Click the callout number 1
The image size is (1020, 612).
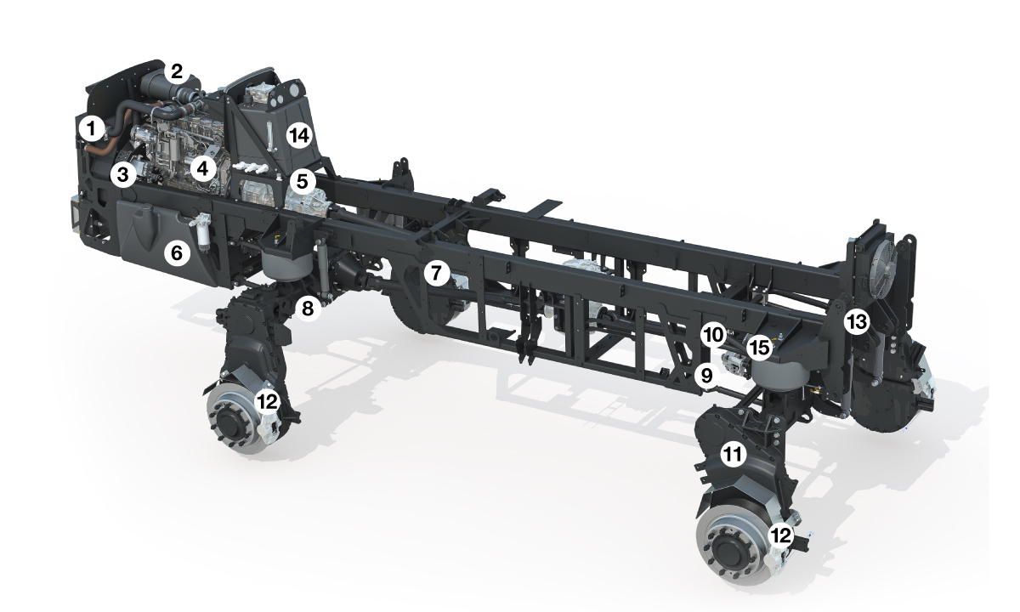92,129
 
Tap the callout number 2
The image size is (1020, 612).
177,71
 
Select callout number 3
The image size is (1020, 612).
123,174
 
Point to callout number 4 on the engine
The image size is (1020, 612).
202,169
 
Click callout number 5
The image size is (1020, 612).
303,182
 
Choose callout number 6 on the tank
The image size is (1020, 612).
177,252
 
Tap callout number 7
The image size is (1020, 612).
437,273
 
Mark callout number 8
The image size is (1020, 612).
308,309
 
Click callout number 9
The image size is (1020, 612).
706,376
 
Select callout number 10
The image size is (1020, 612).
713,335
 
